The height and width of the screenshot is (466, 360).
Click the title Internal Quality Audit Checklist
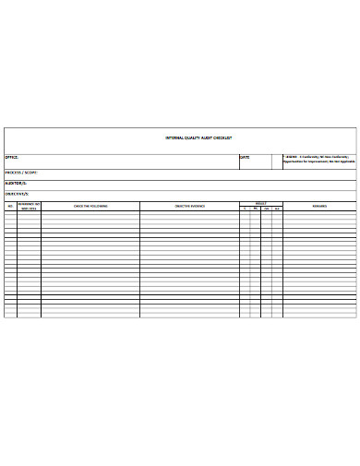pos(198,137)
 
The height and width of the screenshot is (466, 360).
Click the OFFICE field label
pos(13,157)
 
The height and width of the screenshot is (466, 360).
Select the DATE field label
pos(245,157)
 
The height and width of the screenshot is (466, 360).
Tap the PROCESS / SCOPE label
pos(20,173)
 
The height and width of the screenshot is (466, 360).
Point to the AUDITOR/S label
pos(17,184)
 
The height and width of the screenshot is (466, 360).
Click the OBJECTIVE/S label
pos(18,194)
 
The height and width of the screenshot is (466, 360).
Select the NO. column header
pos(11,206)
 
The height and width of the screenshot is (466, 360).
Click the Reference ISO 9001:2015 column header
pos(29,206)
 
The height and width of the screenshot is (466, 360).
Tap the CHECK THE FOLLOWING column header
pos(90,206)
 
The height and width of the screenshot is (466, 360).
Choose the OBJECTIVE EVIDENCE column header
pos(190,206)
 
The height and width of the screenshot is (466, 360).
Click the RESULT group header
pos(261,203)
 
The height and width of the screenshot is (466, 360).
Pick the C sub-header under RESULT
pos(246,209)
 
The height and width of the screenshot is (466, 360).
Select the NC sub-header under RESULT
pos(256,209)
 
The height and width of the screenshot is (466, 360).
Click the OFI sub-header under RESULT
pos(266,209)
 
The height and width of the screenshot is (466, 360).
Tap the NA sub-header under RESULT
pos(277,209)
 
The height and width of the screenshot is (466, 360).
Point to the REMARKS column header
pos(318,206)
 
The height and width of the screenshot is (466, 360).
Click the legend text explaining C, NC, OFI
pos(319,159)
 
